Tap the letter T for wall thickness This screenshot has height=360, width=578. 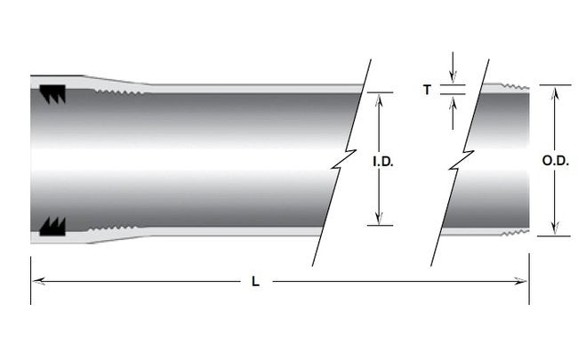[x=428, y=89]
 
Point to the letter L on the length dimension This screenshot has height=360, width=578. [x=255, y=282]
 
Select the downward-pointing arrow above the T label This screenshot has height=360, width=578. [x=454, y=77]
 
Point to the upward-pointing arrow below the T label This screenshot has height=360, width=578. [x=454, y=100]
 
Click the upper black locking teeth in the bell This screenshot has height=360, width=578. [x=53, y=93]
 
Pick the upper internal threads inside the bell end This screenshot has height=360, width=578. [x=120, y=90]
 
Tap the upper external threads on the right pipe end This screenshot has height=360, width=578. [x=514, y=87]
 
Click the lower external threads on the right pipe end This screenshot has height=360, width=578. [x=514, y=233]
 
